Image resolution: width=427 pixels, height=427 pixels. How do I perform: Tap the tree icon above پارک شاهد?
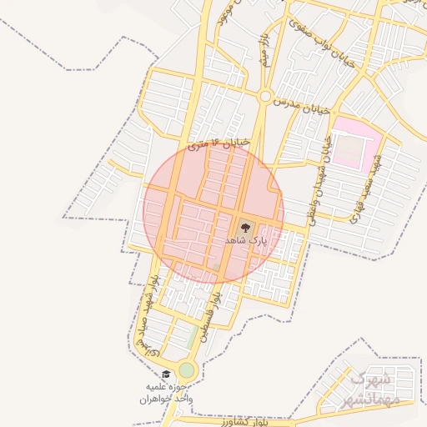point(244,226)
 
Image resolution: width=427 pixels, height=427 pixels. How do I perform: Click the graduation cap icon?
point(166,374)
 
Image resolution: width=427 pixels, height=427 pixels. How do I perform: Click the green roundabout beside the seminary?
point(186,369)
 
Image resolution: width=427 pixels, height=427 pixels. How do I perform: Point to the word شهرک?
point(369,380)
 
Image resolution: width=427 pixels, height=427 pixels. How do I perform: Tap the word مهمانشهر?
point(370,399)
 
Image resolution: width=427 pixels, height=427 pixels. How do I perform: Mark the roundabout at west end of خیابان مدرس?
point(264,97)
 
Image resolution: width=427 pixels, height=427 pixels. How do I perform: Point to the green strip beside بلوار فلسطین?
point(193,336)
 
